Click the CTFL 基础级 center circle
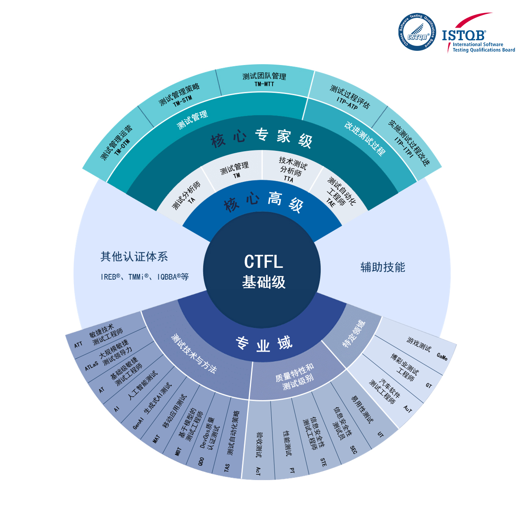tap(263, 271)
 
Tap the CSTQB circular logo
tap(417, 33)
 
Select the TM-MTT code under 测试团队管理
tap(264, 84)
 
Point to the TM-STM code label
tap(182, 101)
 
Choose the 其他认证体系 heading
tap(134, 256)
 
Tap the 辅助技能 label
tap(383, 267)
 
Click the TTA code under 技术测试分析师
tap(288, 179)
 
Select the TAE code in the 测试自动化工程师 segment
tap(331, 202)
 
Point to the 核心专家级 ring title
tap(261, 137)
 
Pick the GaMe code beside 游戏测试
tap(442, 357)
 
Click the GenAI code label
tap(138, 423)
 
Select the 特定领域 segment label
tap(354, 334)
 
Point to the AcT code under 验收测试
tap(258, 471)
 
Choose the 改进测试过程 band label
tap(364, 139)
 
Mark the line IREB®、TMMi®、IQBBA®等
tap(145, 277)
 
